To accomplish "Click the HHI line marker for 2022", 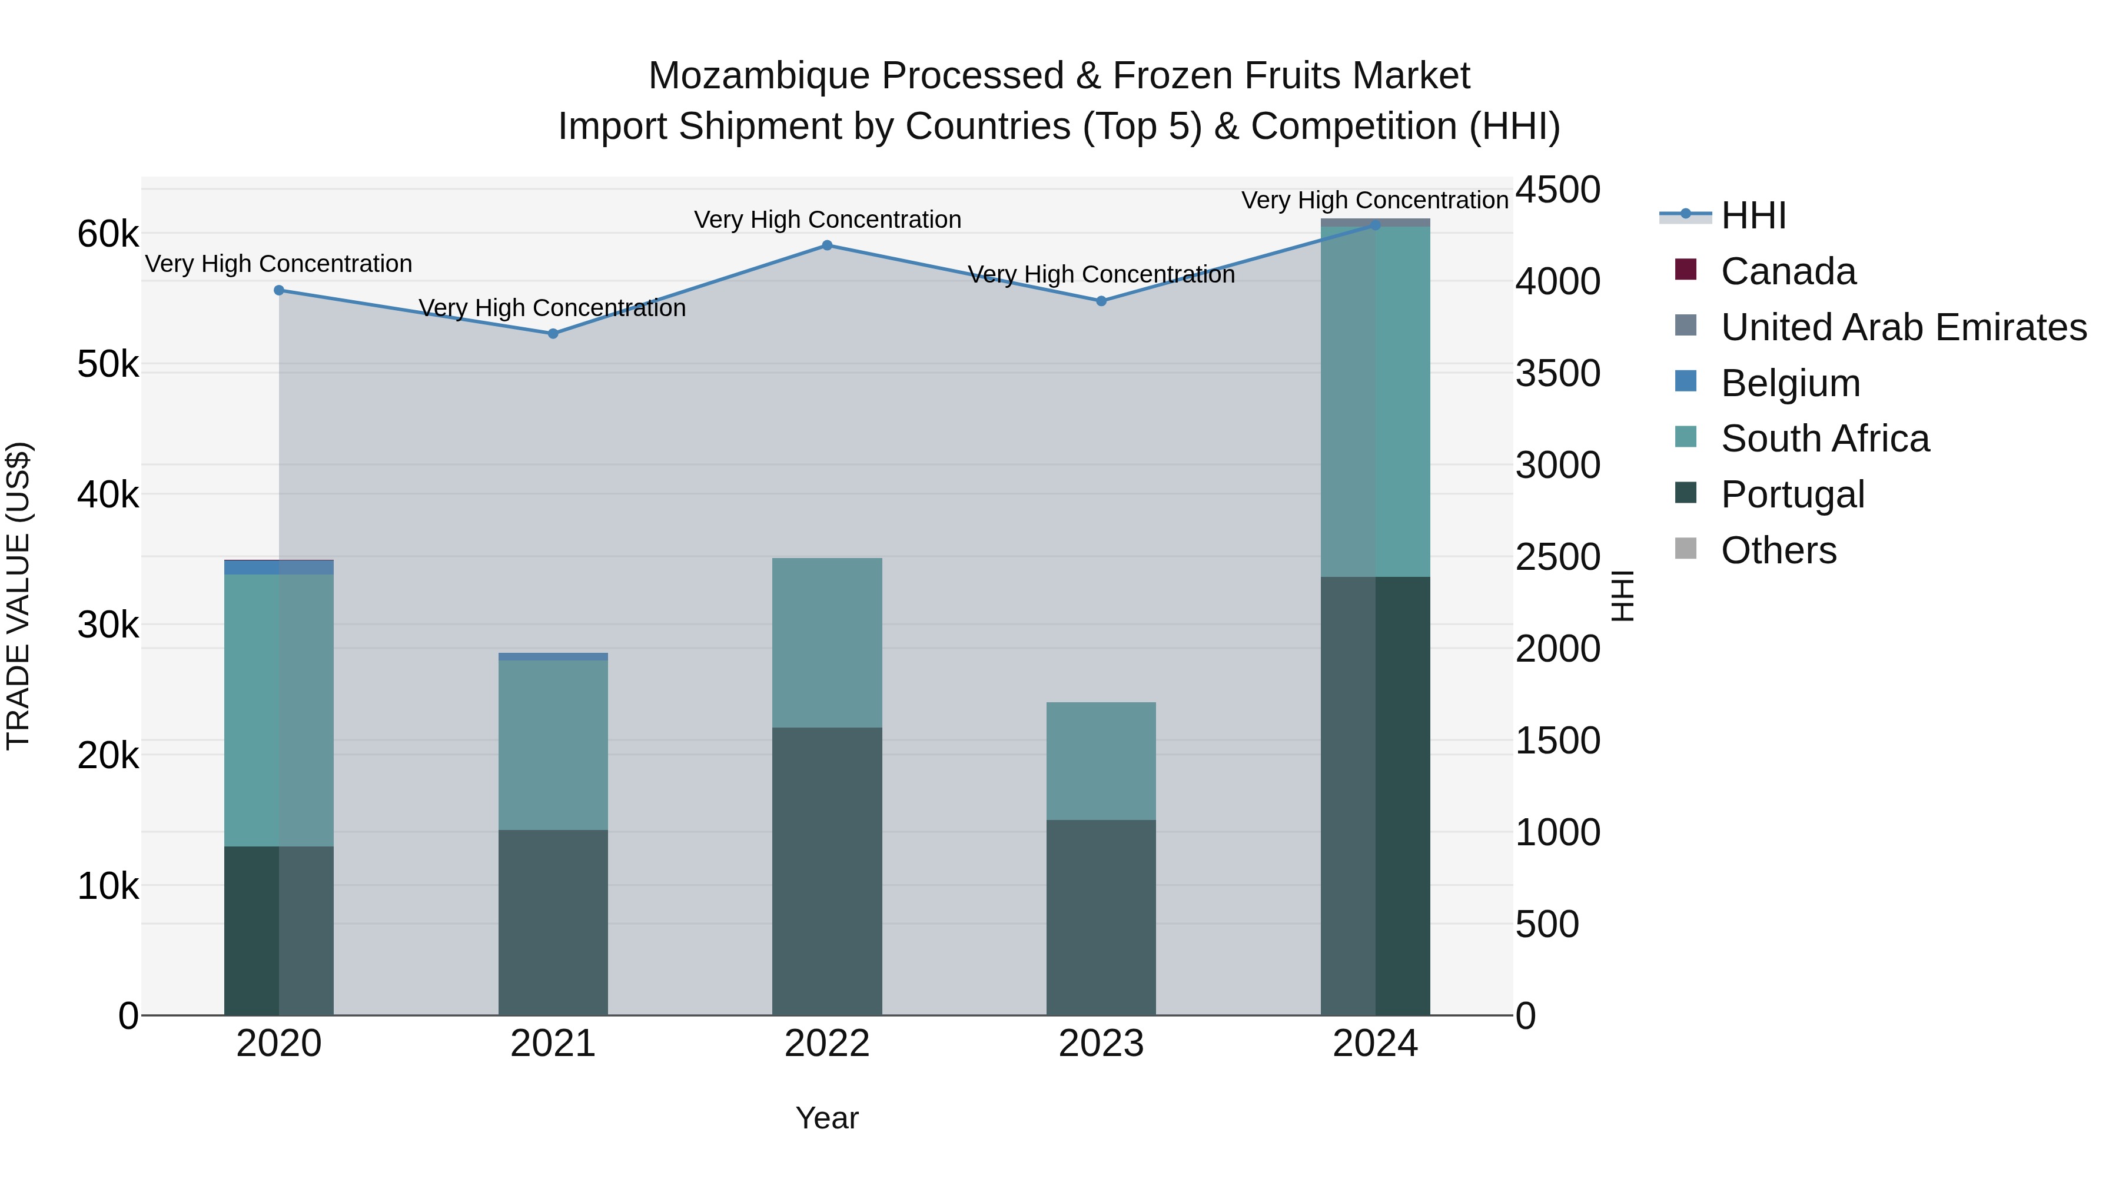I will pos(827,245).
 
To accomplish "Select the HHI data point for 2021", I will pos(553,333).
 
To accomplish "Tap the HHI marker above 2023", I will pos(1101,301).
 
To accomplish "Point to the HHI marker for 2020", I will pos(279,290).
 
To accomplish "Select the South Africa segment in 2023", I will pos(1101,761).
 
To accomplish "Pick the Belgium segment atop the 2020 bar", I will pos(279,567).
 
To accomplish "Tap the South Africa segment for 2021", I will pos(553,745).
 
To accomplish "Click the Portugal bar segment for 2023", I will pos(1101,917).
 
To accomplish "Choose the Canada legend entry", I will pos(1788,271).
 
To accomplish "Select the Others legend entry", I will pos(1778,550).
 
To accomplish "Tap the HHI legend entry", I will pos(1753,215).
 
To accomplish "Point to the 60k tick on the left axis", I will pos(108,234).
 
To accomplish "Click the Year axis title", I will pos(827,1118).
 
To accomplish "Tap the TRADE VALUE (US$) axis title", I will pos(18,596).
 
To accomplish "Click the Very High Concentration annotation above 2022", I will pos(827,220).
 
